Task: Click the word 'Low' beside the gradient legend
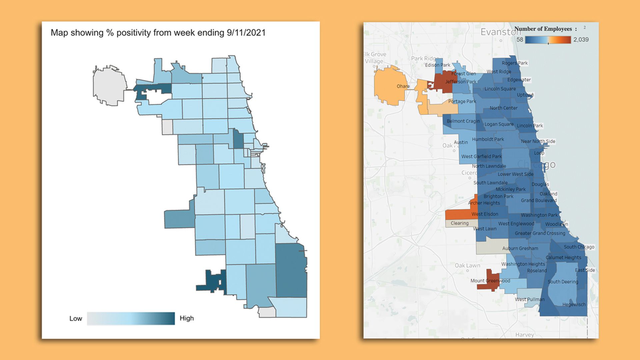[x=76, y=318]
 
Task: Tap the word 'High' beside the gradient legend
[x=187, y=318]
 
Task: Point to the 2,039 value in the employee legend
[x=581, y=40]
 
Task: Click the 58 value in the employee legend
[x=520, y=40]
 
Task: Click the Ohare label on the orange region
[x=403, y=86]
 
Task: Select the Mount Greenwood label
[x=490, y=281]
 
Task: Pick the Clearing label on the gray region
[x=459, y=223]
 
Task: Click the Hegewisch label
[x=574, y=304]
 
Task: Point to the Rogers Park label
[x=515, y=63]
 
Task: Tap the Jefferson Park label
[x=461, y=82]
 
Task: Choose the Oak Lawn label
[x=467, y=266]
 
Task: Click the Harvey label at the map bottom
[x=524, y=335]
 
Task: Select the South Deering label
[x=563, y=282]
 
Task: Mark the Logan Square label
[x=499, y=124]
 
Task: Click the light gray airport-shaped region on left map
[x=109, y=85]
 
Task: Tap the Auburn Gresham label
[x=520, y=248]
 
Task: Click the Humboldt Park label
[x=488, y=139]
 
